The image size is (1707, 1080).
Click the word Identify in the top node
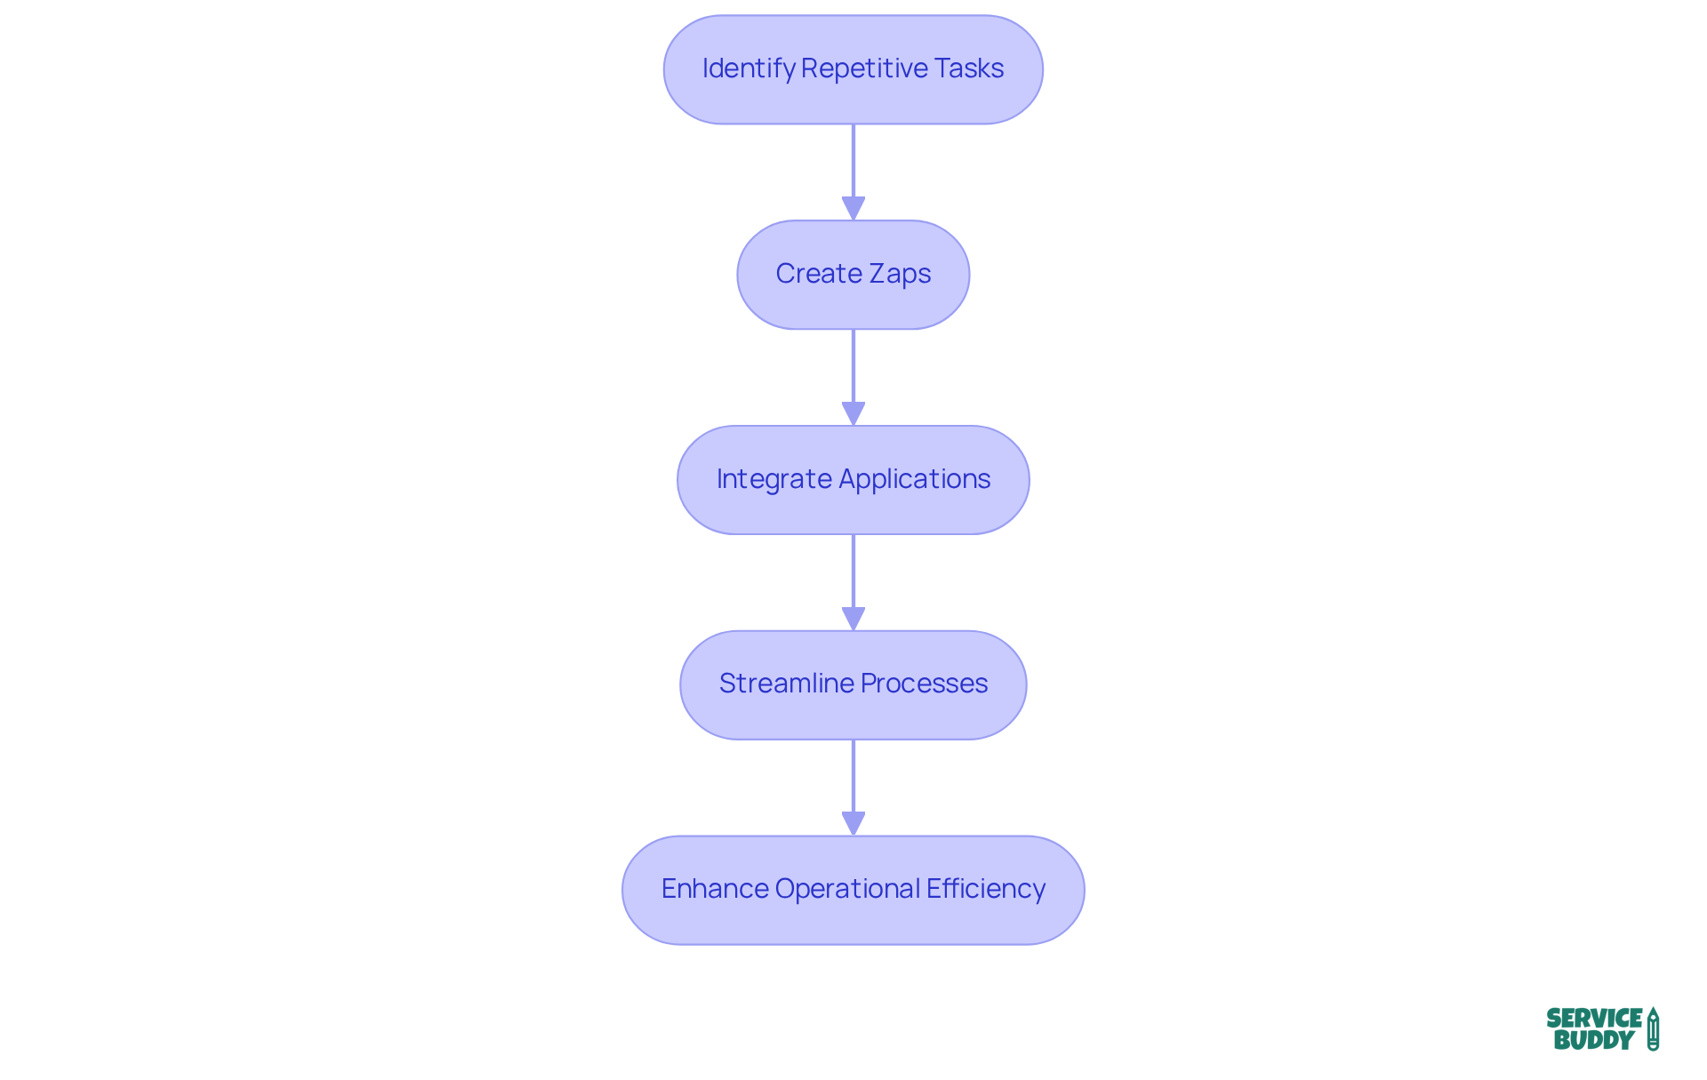click(748, 69)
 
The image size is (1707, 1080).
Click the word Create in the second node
click(818, 274)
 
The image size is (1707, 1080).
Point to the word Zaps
click(900, 275)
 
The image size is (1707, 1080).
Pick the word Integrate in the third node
click(773, 479)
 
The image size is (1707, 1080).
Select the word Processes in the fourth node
click(924, 684)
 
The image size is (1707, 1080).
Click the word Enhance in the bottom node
click(714, 889)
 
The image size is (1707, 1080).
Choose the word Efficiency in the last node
click(985, 889)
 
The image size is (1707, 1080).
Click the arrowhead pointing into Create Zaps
click(853, 209)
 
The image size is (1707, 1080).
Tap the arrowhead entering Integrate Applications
click(853, 414)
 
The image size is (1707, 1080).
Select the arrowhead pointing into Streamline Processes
click(853, 620)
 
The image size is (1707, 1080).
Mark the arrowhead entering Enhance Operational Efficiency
click(853, 824)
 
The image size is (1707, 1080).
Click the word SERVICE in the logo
click(1593, 1019)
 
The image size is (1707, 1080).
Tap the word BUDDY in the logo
click(1593, 1040)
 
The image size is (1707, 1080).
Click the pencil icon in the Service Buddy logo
click(1653, 1029)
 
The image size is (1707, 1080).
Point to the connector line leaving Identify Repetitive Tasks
click(853, 160)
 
